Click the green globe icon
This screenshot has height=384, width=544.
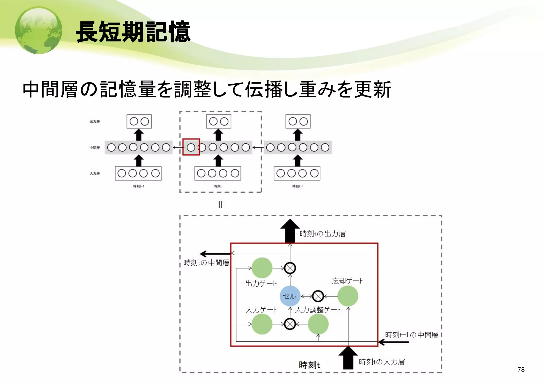(39, 30)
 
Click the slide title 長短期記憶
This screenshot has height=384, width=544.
(133, 32)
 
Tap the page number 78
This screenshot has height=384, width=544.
(521, 370)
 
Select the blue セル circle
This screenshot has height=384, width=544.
(290, 296)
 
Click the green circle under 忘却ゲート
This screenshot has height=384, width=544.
(348, 296)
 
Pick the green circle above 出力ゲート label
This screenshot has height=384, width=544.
(262, 268)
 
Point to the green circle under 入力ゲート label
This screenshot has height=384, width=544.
(262, 324)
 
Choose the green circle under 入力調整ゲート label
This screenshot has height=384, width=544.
(318, 324)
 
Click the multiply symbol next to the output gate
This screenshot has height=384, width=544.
(290, 268)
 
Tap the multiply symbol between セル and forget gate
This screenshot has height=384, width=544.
(318, 296)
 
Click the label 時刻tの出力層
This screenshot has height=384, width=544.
(322, 234)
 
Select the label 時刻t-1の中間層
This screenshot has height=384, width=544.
(411, 335)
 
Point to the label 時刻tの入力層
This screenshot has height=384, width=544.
(382, 362)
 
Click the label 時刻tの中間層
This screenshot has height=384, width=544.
(206, 263)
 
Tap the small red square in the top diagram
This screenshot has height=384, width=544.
(191, 147)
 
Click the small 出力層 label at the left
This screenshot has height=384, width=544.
(95, 122)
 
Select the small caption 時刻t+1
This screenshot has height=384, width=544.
(138, 186)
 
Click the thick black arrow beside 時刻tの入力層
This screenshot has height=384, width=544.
(348, 358)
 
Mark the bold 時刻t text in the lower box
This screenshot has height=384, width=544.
(309, 365)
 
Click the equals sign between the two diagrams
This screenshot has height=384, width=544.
(220, 204)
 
